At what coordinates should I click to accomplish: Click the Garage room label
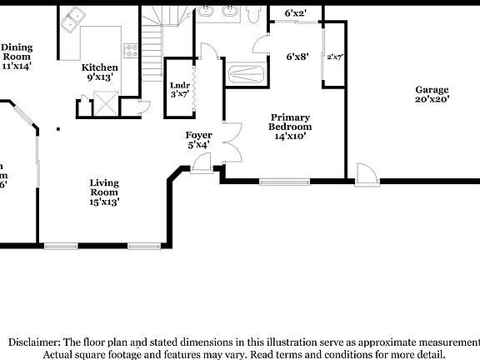432,90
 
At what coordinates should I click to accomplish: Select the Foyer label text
198,135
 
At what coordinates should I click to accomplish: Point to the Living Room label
105,187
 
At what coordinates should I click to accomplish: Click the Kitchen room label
99,67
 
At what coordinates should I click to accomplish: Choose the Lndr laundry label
179,85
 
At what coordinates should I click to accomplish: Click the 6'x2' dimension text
296,13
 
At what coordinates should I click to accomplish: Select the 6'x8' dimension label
297,57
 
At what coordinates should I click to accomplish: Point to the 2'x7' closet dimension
335,57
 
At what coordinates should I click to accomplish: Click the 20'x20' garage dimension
432,99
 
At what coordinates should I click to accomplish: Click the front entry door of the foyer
200,169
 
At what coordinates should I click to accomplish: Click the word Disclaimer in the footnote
33,342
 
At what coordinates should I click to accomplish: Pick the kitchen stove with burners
129,50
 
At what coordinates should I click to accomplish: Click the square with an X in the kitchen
106,105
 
